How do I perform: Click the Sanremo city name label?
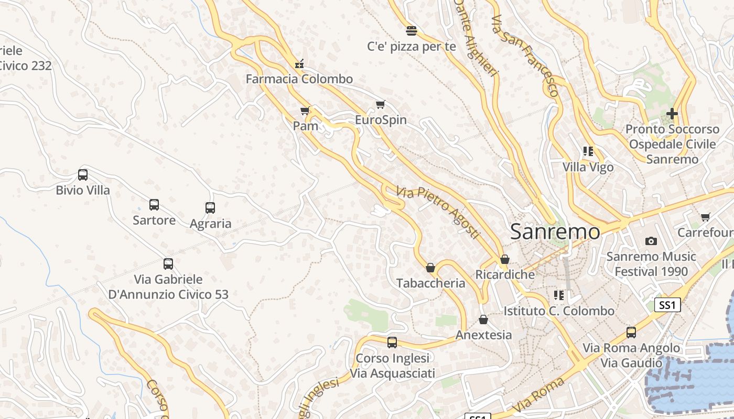(x=555, y=231)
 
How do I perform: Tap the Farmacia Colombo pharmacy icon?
(x=299, y=64)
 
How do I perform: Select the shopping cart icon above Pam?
(x=305, y=111)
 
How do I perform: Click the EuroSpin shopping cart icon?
(x=381, y=105)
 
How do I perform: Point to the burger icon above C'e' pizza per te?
(x=412, y=31)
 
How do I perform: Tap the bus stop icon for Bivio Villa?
(x=83, y=174)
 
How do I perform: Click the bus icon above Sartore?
(x=154, y=205)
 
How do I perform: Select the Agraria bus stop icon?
(x=210, y=208)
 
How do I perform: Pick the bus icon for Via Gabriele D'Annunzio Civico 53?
(x=168, y=264)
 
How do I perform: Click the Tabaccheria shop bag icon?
(x=430, y=268)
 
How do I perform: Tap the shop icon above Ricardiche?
(x=505, y=259)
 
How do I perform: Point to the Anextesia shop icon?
(x=483, y=319)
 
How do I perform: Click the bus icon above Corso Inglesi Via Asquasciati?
(x=392, y=343)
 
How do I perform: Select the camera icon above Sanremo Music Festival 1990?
(x=651, y=241)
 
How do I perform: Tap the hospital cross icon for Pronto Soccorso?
(x=672, y=113)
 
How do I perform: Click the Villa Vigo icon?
(x=588, y=152)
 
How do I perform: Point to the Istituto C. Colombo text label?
(x=559, y=311)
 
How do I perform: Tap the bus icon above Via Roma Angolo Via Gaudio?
(x=632, y=333)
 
